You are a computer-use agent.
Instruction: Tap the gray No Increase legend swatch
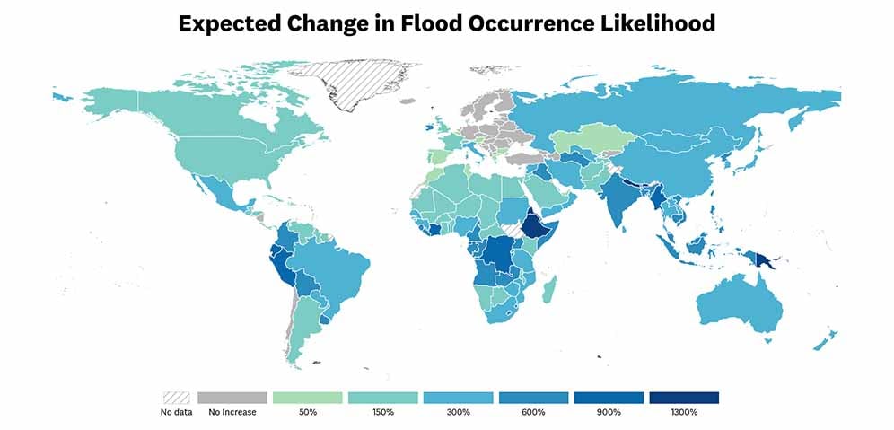[x=232, y=398]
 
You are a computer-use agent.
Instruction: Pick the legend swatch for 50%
[x=307, y=398]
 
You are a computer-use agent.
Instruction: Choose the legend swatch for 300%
[x=458, y=398]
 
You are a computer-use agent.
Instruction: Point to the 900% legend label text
[x=609, y=413]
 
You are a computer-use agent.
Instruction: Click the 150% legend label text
[x=382, y=413]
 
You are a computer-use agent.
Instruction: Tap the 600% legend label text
[x=533, y=413]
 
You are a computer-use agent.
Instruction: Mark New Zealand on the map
[x=827, y=340]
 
